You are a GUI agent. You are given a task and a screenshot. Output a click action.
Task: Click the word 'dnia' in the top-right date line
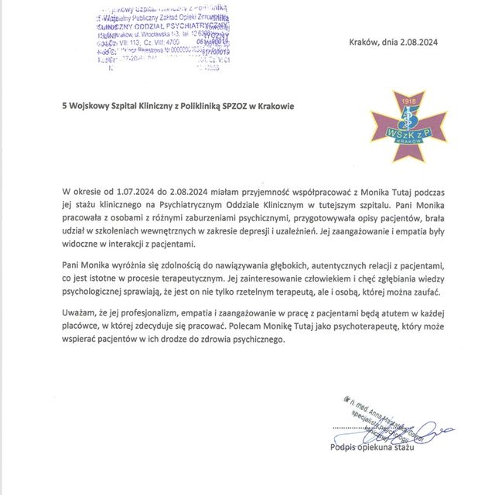click(400, 43)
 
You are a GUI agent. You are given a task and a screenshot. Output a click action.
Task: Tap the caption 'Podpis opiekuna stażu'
click(373, 448)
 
